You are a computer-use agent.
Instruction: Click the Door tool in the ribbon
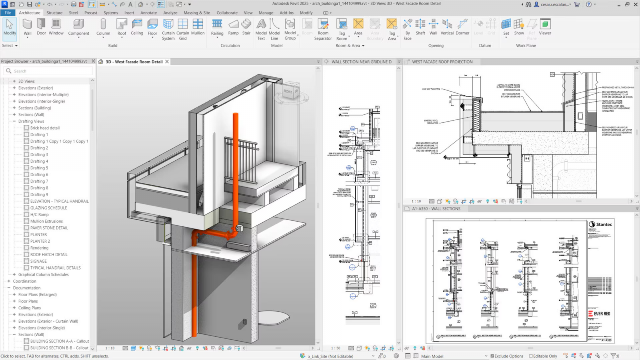[41, 27]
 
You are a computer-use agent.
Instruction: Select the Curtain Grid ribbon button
[183, 29]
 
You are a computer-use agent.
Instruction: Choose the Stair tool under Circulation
[246, 27]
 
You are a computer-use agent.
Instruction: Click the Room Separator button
[323, 29]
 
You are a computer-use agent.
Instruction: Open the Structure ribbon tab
[54, 13]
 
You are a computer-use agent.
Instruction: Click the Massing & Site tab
[197, 13]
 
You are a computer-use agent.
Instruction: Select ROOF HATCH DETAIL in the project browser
[49, 254]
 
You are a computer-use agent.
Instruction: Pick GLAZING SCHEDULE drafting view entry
[48, 208]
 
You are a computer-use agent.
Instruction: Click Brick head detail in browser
[45, 128]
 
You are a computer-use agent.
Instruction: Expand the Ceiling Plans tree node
[14, 308]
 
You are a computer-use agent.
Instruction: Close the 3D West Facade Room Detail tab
[167, 62]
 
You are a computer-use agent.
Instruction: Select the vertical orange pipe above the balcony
[236, 160]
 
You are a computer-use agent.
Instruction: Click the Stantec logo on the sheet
[600, 224]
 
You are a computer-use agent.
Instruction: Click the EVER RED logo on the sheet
[599, 314]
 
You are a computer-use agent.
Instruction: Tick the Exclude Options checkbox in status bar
[492, 356]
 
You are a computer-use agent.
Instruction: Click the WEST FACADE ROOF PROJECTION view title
[442, 62]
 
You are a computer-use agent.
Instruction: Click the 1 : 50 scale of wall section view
[336, 348]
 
